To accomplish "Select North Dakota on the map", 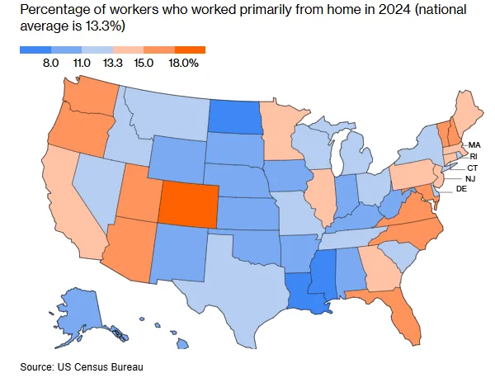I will (233, 117).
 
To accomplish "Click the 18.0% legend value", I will (184, 62).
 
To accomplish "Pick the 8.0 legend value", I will (50, 62).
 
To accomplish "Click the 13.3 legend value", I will (113, 62).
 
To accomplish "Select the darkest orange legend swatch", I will (190, 49).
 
